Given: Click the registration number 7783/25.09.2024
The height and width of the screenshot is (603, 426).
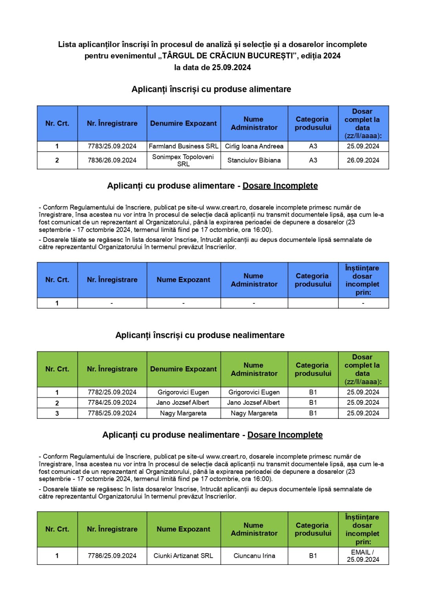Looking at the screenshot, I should click(112, 146).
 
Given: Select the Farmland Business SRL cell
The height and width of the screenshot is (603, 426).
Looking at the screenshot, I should click(183, 146).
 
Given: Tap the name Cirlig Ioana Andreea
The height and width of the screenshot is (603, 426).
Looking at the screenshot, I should click(254, 146).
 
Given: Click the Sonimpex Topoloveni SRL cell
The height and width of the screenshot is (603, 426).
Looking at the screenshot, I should click(183, 160).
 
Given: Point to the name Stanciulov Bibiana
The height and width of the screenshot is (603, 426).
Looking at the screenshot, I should click(254, 160).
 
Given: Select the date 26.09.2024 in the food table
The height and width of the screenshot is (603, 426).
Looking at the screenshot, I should click(363, 160).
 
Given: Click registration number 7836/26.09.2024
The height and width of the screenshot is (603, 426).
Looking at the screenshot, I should click(112, 160).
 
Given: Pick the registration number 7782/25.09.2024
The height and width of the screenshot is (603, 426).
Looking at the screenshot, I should click(112, 392).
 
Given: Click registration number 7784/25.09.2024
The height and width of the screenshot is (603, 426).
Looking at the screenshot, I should click(112, 402).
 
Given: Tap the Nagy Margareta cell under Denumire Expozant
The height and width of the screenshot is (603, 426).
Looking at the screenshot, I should click(183, 413).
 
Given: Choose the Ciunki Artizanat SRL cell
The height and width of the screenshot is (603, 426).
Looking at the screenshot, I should click(183, 555).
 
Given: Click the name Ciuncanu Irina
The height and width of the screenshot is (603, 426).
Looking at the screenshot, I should click(254, 555).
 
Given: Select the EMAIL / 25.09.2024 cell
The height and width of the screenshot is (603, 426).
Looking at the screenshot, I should click(363, 555).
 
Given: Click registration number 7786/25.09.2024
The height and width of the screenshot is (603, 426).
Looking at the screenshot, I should click(112, 555).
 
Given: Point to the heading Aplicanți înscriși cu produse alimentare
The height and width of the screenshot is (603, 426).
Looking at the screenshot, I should click(211, 90).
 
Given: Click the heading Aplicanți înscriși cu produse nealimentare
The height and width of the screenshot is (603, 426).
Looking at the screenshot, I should click(200, 335).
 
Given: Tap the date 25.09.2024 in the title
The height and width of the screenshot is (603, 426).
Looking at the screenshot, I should click(231, 67).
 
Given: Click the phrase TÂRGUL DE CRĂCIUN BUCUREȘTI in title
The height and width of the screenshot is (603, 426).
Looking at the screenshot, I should click(228, 56).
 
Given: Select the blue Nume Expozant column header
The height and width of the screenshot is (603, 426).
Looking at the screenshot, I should click(183, 280).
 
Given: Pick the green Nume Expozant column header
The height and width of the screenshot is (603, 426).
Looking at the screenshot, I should click(183, 529).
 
